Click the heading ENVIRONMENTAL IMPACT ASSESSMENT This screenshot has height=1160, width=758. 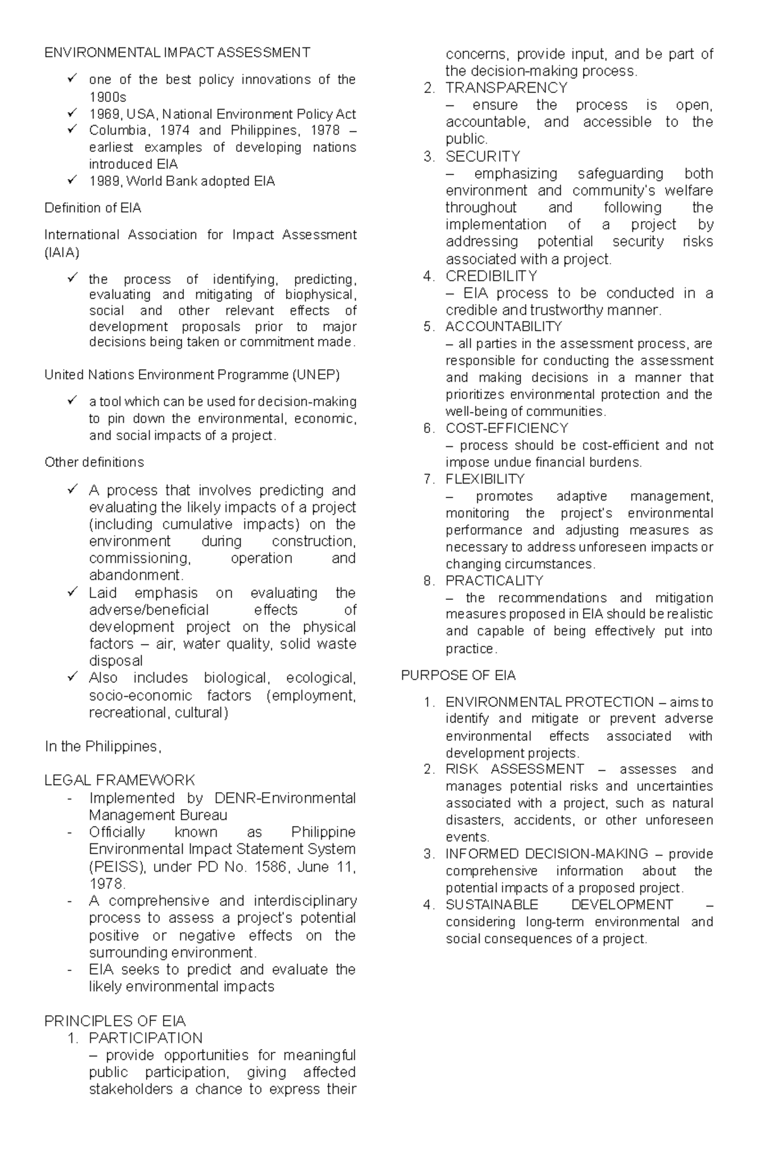177,52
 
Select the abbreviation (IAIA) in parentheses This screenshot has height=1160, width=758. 62,253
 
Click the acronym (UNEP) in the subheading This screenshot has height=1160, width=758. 316,375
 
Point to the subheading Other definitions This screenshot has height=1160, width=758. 94,462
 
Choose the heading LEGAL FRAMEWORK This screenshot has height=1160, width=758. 119,780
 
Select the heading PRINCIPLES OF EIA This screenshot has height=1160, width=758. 115,1021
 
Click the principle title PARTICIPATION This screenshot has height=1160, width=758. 146,1038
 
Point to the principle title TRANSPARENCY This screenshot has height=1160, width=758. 507,88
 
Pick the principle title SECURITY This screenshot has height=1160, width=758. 483,156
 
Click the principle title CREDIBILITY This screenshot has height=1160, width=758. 491,276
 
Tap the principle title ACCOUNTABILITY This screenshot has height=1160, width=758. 503,327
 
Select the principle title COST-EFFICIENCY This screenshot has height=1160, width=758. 507,428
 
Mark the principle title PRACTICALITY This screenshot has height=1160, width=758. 495,580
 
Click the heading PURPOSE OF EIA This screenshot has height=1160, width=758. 459,675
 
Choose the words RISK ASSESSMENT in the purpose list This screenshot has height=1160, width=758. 515,769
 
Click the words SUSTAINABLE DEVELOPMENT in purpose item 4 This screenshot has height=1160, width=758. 559,905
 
